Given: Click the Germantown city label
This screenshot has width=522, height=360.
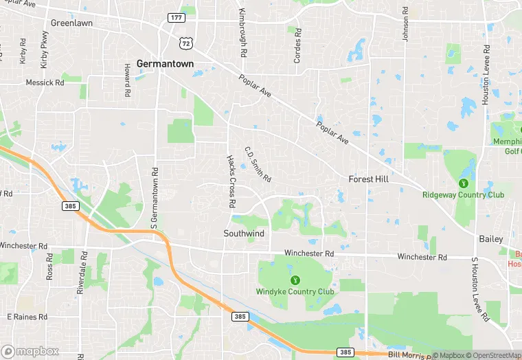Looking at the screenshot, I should pyautogui.click(x=165, y=63).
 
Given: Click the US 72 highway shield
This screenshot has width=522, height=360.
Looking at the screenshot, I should pyautogui.click(x=184, y=43).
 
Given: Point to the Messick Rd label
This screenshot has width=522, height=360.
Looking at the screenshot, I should pyautogui.click(x=45, y=82).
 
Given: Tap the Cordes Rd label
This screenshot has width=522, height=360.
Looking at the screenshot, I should pyautogui.click(x=297, y=46).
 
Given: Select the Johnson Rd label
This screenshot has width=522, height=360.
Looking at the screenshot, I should pyautogui.click(x=405, y=25).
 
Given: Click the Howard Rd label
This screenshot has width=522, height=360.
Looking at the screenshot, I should pyautogui.click(x=127, y=79).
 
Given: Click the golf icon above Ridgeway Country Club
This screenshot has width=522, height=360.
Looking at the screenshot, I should pyautogui.click(x=463, y=183).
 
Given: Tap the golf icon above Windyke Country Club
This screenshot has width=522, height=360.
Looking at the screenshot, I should pyautogui.click(x=295, y=280).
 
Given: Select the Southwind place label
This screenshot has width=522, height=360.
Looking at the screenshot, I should pyautogui.click(x=244, y=234).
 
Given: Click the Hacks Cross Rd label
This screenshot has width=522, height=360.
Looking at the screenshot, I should pyautogui.click(x=231, y=181).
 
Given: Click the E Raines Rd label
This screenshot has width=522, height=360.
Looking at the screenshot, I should pyautogui.click(x=27, y=317).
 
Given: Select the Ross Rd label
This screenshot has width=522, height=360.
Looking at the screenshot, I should pyautogui.click(x=49, y=266).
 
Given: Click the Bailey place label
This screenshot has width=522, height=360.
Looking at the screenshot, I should pyautogui.click(x=491, y=239).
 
